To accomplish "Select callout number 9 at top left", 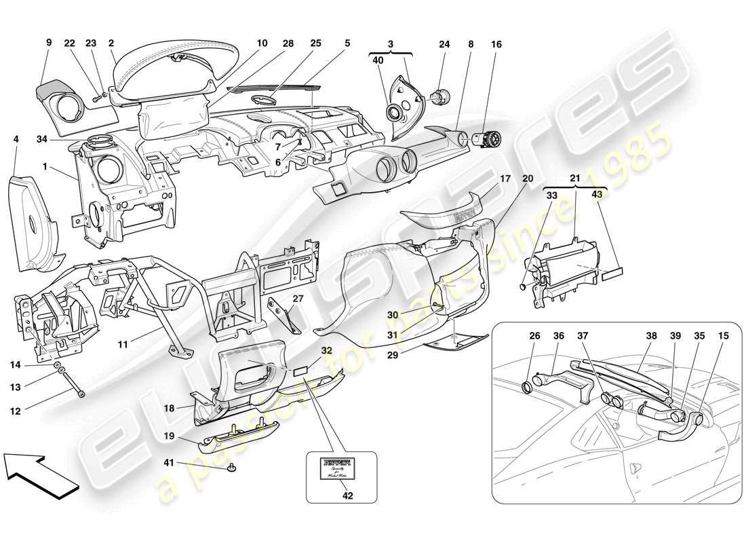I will click(49, 42).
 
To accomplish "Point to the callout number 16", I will click(497, 44).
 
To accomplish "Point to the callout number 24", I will click(444, 44).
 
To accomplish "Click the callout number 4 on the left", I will click(16, 138).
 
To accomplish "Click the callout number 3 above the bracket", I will click(390, 42).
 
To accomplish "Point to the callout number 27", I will click(298, 299).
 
